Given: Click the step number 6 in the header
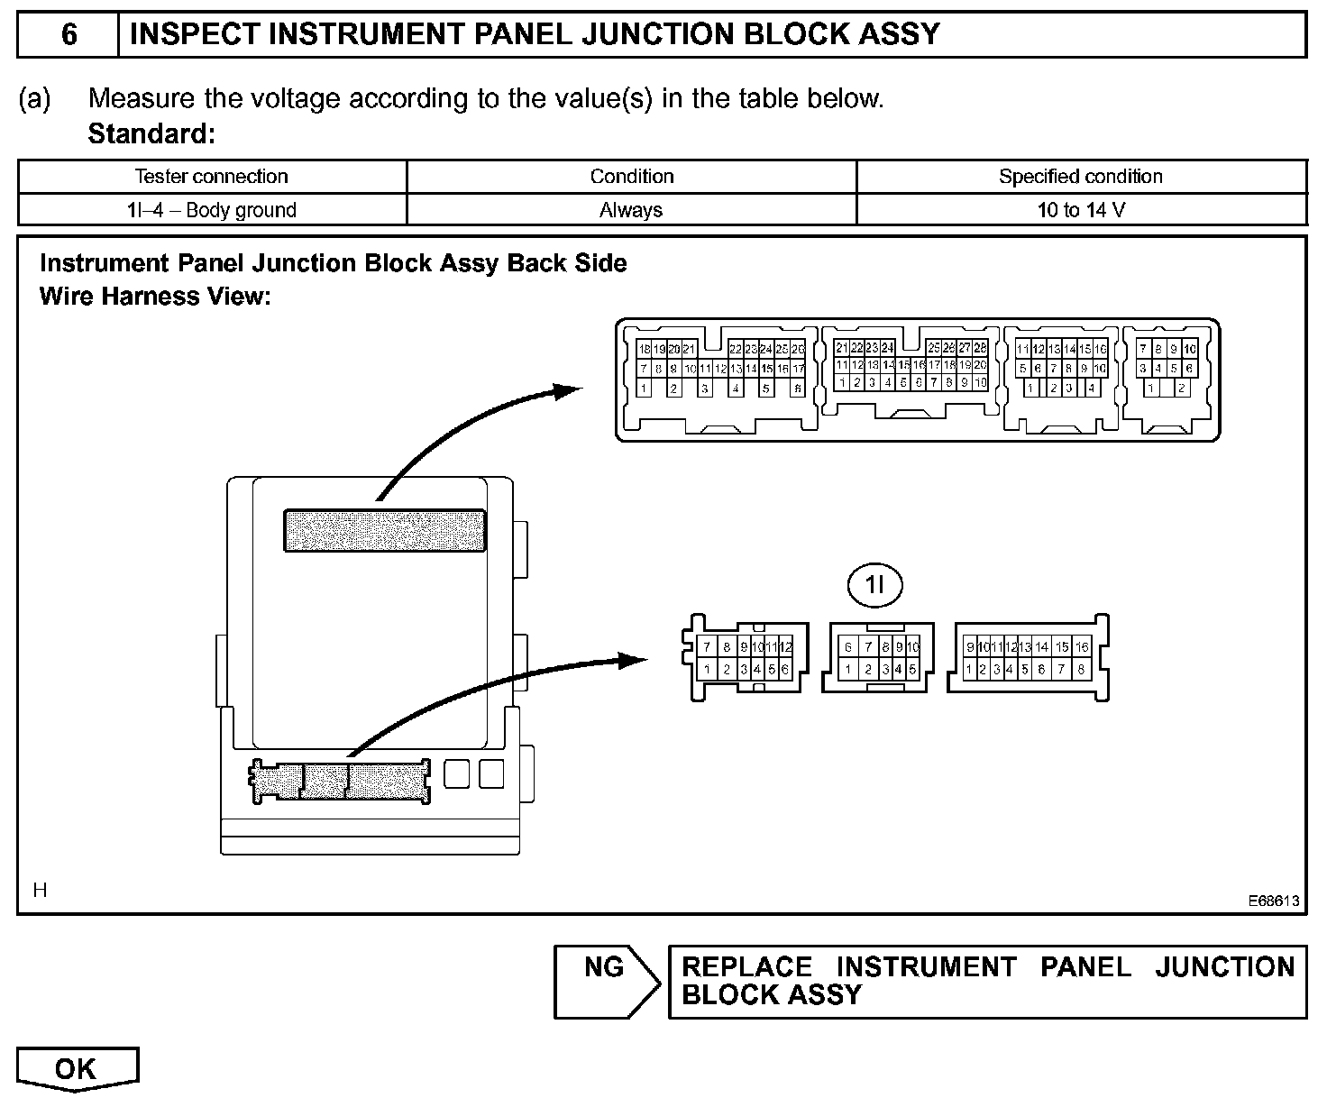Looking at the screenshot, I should click(x=69, y=34).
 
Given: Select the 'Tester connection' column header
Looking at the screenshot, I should click(x=211, y=177).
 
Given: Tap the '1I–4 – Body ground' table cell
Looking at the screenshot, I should click(x=211, y=210).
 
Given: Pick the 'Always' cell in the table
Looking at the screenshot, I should click(x=631, y=210).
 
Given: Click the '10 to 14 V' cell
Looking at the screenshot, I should click(x=1081, y=210).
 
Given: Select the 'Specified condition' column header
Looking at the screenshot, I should click(x=1081, y=177).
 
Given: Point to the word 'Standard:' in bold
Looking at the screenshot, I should click(x=151, y=134).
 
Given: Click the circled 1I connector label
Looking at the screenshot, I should click(x=875, y=587).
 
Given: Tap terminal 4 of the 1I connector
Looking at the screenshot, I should click(x=899, y=670).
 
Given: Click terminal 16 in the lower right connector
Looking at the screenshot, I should click(x=1082, y=646).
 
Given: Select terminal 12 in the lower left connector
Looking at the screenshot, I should click(x=786, y=646).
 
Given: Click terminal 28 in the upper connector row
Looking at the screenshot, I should click(x=980, y=348).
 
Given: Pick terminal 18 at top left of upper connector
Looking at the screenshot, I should click(x=644, y=349).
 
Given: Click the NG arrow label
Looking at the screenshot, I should click(x=603, y=968).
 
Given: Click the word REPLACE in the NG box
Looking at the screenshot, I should click(x=746, y=967).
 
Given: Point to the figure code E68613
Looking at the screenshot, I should click(x=1274, y=900).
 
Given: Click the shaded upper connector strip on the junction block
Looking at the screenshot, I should click(x=385, y=530).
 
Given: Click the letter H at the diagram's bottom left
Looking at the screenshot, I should click(x=40, y=891).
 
